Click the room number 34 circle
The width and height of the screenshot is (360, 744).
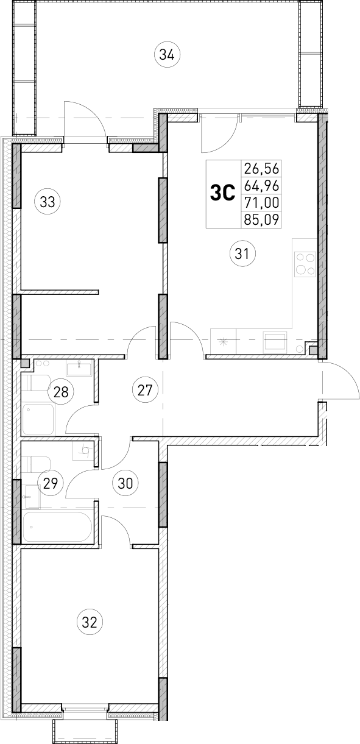coord(167,54)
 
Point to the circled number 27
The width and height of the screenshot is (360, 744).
coord(144,389)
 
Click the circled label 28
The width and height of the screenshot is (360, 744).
coord(61,391)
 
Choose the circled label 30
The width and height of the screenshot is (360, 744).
coord(125,483)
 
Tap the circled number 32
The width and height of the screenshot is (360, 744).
coord(90,622)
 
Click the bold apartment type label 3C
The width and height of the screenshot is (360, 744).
coord(222,193)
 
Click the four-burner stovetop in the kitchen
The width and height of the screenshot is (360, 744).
coord(305,264)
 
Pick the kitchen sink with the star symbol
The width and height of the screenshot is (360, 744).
coord(224,342)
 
